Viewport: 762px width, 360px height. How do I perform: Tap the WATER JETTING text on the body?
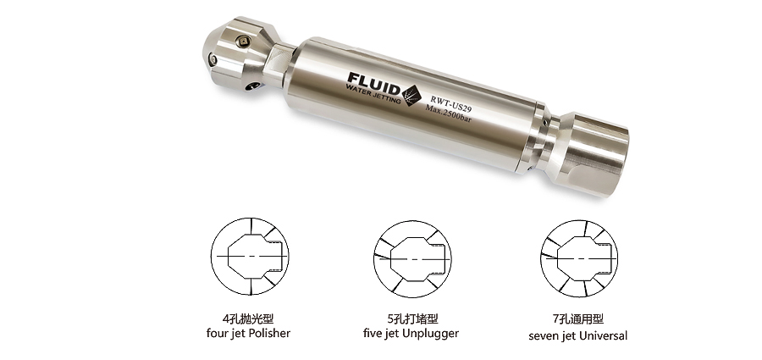[373, 92]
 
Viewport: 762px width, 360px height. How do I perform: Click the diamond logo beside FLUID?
[411, 94]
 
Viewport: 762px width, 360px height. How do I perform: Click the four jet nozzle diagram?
[250, 257]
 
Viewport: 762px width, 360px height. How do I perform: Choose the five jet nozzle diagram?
[412, 259]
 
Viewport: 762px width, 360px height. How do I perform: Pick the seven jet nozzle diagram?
[579, 258]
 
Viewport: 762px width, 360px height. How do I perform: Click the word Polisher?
[270, 333]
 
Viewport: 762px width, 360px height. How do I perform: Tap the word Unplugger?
[428, 334]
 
